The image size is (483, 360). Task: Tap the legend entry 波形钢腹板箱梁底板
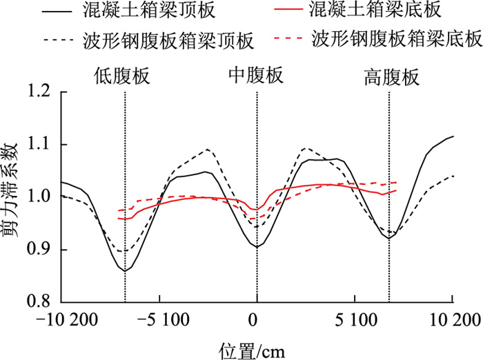397,40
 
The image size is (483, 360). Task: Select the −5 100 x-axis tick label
159,321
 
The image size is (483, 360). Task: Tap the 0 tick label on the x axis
257,321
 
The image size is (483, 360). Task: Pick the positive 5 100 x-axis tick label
355,321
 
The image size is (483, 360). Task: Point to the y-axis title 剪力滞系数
12,197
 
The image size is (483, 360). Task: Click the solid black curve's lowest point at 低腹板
125,270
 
